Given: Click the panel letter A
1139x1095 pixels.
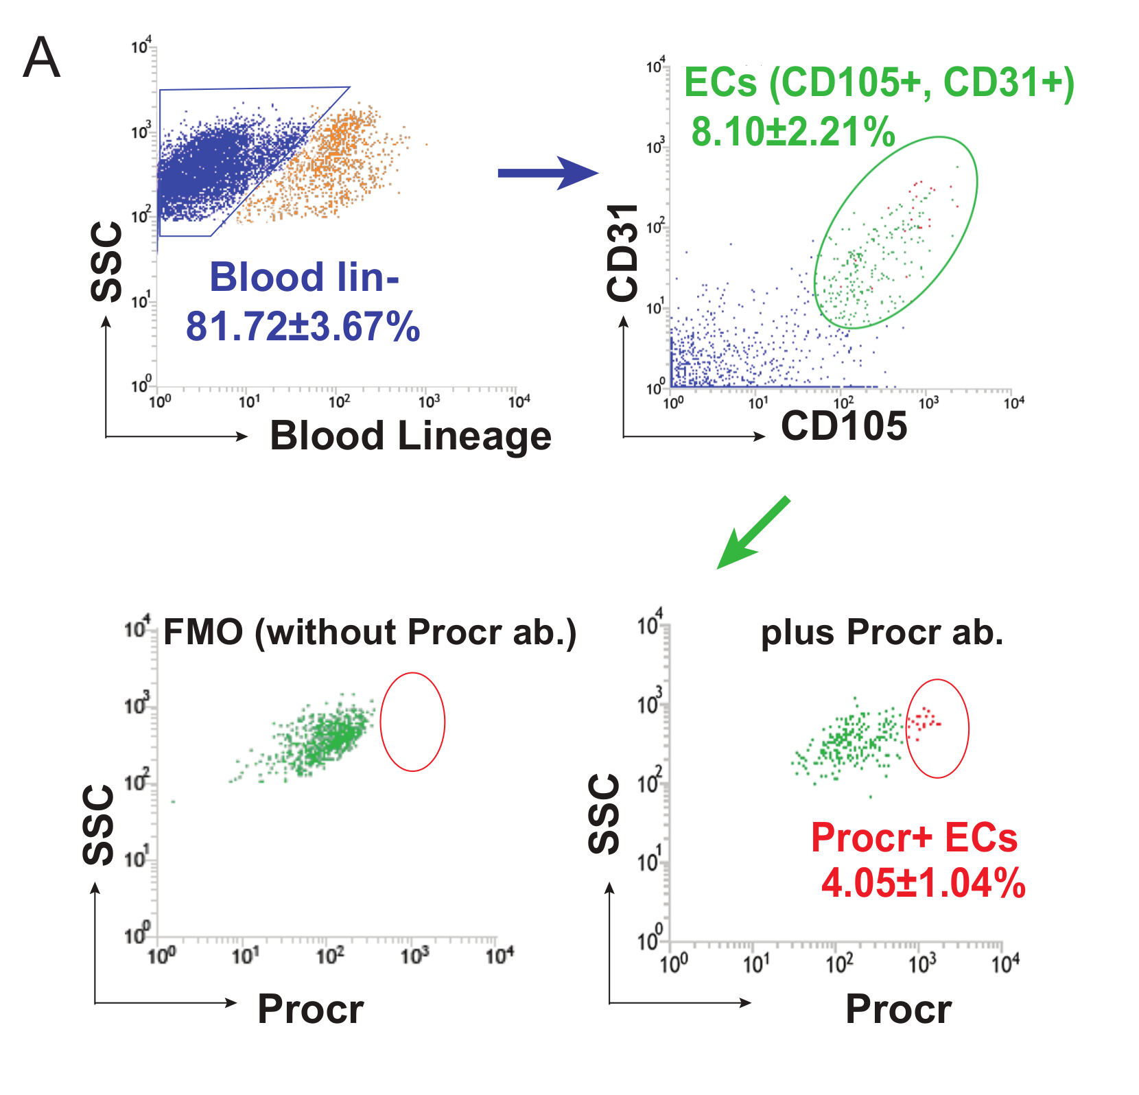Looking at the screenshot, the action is pyautogui.click(x=41, y=58).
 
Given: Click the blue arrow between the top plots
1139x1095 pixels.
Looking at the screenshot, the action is pyautogui.click(x=548, y=173).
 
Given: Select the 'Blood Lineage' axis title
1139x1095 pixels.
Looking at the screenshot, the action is pyautogui.click(x=410, y=436).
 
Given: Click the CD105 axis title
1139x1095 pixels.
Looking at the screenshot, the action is pyautogui.click(x=844, y=425).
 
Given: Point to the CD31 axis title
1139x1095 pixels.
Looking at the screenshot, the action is pyautogui.click(x=622, y=252).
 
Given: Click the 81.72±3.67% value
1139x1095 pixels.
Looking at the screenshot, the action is pyautogui.click(x=303, y=326).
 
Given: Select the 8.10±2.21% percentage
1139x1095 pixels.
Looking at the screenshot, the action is pyautogui.click(x=792, y=132).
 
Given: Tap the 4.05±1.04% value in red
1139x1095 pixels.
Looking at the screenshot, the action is pyautogui.click(x=923, y=882).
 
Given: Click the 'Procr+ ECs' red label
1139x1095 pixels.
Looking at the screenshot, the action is pyautogui.click(x=914, y=838).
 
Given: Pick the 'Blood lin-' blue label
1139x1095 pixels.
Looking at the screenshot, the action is pyautogui.click(x=304, y=277).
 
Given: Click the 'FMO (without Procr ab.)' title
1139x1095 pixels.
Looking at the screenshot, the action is pyautogui.click(x=370, y=632).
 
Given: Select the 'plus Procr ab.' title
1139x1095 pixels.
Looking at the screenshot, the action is pyautogui.click(x=882, y=632).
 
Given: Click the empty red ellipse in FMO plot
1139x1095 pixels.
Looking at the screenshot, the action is pyautogui.click(x=412, y=722).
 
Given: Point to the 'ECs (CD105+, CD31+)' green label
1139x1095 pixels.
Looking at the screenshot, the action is pyautogui.click(x=879, y=83).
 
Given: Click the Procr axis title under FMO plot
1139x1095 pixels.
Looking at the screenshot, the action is pyautogui.click(x=310, y=1009).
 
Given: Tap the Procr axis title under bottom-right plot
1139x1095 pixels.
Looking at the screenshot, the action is pyautogui.click(x=898, y=1009).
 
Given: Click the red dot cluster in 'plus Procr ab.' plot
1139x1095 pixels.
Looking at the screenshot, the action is pyautogui.click(x=923, y=722).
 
